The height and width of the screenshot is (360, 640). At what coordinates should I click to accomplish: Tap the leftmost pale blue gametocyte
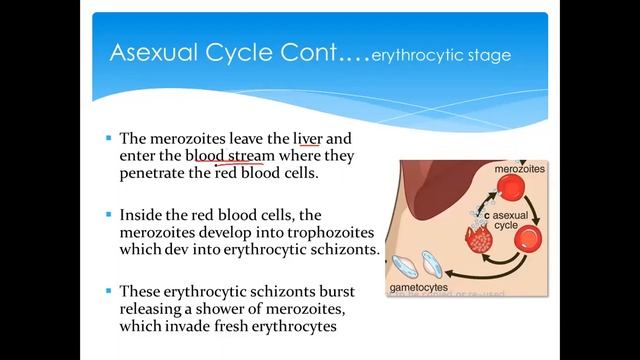click(x=407, y=265)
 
